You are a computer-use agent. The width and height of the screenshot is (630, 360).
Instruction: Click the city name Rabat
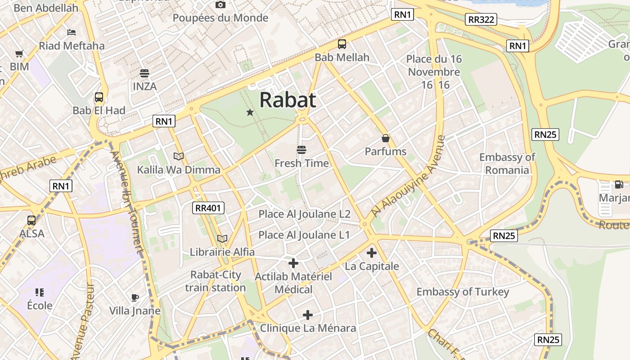click(288, 100)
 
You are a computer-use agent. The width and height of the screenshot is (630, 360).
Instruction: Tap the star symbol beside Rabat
click(250, 112)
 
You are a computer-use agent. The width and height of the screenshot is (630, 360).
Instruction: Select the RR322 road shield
click(481, 19)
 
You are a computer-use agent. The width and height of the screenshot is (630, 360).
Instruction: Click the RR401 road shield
click(208, 208)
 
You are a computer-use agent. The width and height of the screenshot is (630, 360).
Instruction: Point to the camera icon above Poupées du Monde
click(220, 4)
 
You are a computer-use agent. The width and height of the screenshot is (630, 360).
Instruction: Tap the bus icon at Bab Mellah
click(342, 44)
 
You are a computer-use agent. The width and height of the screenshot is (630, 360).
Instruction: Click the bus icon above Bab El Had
click(99, 97)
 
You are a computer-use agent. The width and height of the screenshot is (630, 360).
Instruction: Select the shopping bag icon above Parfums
click(386, 138)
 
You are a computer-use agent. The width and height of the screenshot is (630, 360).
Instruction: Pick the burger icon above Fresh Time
click(301, 150)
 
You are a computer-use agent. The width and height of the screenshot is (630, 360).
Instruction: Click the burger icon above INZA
click(144, 73)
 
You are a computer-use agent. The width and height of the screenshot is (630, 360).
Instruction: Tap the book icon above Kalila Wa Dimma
click(179, 156)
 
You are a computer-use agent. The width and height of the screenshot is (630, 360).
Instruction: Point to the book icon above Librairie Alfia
click(222, 238)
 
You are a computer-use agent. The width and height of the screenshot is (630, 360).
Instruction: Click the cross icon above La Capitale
click(372, 253)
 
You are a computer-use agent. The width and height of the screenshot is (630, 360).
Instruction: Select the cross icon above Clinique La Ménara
click(308, 315)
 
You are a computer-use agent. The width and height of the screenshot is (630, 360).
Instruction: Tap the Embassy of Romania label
click(507, 164)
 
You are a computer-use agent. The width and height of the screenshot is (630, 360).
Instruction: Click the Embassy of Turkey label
click(463, 292)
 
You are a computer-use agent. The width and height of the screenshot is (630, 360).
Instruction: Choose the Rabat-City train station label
click(216, 281)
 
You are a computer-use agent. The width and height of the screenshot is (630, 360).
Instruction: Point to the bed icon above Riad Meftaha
click(72, 32)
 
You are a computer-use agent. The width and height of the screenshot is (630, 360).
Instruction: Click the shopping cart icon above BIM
click(19, 54)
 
